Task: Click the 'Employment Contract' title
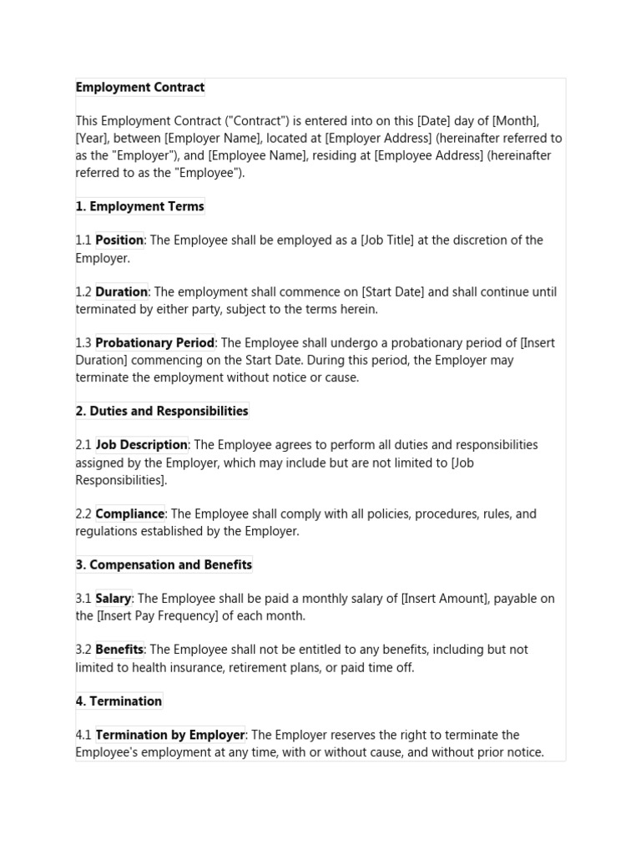[140, 88]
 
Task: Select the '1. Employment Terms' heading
[140, 206]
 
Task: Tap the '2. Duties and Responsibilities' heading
[162, 411]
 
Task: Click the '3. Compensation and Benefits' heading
[164, 564]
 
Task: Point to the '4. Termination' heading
[119, 701]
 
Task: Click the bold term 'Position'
[119, 240]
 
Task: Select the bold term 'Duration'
[121, 292]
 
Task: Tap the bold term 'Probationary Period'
[154, 343]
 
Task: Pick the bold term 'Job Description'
[141, 445]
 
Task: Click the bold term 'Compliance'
[129, 514]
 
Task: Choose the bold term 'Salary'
[113, 599]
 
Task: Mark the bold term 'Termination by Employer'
[170, 736]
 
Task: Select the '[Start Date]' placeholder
[392, 292]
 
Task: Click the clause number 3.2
[83, 650]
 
